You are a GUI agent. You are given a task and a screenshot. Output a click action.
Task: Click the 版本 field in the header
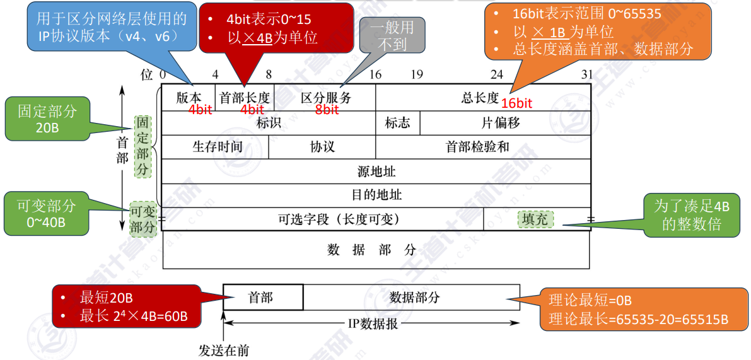point(189,98)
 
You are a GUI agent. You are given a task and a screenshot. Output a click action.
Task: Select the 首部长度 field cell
point(245,98)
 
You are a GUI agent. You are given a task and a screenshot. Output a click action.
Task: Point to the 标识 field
point(269,123)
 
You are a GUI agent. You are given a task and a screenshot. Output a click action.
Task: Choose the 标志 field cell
point(397,123)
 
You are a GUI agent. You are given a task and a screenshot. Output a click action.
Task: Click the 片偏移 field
point(505,123)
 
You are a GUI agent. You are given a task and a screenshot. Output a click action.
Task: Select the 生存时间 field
point(215,147)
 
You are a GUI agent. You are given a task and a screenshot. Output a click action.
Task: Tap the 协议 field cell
point(322,147)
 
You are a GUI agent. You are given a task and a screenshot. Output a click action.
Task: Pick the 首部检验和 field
point(483,147)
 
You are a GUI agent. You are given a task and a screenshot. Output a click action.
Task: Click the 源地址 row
point(376,171)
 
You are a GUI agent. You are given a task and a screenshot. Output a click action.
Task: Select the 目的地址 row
point(376,195)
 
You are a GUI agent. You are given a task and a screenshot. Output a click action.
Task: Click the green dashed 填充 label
point(535,220)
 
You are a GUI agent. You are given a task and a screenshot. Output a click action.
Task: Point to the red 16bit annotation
point(517,102)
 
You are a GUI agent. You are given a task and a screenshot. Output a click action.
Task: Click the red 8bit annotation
point(327,110)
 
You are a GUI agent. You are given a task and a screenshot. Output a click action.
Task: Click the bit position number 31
point(586,74)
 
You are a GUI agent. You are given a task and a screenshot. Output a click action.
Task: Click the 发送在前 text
point(224,351)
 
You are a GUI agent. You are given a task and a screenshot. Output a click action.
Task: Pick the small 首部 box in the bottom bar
point(263,298)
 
